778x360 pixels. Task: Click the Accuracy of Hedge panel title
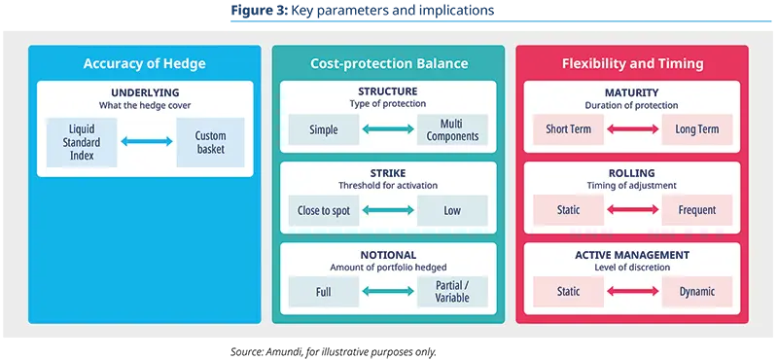(144, 64)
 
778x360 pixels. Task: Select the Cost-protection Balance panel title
(389, 64)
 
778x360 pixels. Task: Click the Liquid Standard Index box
(82, 142)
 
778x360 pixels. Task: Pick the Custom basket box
(210, 142)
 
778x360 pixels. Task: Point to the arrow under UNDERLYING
(146, 142)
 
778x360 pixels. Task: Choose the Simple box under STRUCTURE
(324, 129)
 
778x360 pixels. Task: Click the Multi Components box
(452, 129)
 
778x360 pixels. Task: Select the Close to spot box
(324, 210)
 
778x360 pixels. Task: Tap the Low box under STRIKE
(452, 210)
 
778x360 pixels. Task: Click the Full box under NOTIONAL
(324, 291)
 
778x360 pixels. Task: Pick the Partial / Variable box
(452, 291)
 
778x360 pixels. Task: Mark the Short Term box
(569, 129)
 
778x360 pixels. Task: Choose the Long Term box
(696, 129)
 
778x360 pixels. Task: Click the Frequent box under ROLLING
(696, 210)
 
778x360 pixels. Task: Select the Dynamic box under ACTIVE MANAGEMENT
(696, 291)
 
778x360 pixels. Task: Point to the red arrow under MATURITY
(632, 129)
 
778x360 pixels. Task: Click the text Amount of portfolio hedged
(389, 267)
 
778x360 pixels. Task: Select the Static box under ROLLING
(569, 210)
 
